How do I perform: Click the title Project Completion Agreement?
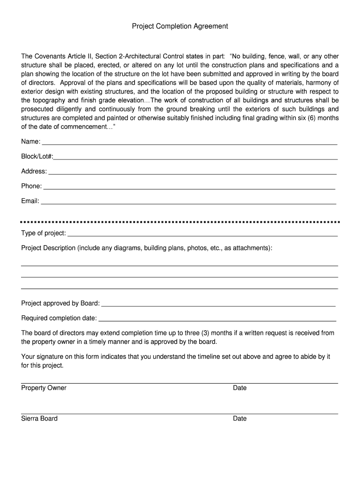pos(180,26)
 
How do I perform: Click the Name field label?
pos(30,141)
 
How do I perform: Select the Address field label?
pos(34,171)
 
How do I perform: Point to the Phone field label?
pos(31,186)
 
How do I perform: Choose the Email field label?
pos(30,201)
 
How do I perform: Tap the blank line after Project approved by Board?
pos(218,305)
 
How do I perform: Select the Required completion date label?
pos(59,319)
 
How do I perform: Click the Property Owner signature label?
pos(44,388)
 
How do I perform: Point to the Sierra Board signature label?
pos(39,418)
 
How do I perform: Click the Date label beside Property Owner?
pos(240,388)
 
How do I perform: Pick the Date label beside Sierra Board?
pos(240,419)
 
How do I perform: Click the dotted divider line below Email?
pos(180,222)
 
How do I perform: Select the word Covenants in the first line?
pos(52,56)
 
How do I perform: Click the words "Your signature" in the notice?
pos(42,357)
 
